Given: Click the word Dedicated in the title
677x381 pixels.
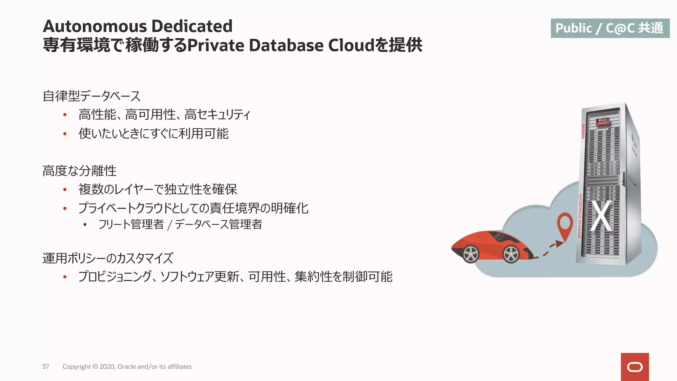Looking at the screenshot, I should (192, 26).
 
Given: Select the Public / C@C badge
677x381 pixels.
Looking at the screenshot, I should (610, 28).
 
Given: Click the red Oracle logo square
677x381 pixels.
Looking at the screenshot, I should (635, 367).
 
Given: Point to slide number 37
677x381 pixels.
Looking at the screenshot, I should (46, 366).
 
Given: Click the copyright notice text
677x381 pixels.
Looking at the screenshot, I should (127, 366).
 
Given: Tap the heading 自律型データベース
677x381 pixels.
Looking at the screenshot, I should (92, 96).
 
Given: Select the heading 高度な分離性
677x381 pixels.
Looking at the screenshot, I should (80, 171).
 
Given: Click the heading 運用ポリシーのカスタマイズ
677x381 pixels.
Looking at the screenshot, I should (108, 258).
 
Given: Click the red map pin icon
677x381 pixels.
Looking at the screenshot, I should (565, 225).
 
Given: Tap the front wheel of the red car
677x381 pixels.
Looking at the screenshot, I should (471, 254).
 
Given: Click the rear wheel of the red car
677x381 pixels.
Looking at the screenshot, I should (511, 254).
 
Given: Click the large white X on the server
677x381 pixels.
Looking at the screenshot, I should (601, 216).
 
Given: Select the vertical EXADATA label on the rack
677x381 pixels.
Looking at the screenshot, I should (583, 131).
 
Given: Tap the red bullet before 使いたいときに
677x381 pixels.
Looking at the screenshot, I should (65, 134).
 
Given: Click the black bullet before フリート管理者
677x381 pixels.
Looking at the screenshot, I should (85, 225).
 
